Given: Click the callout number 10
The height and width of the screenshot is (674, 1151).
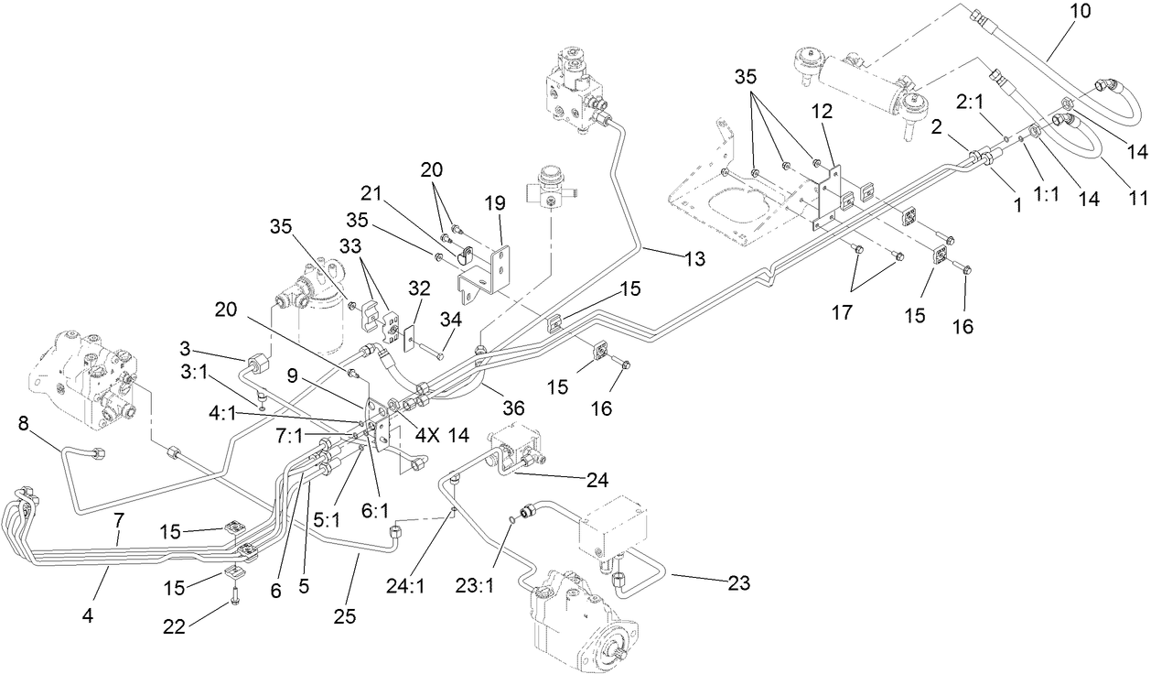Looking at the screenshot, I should [x=1080, y=13].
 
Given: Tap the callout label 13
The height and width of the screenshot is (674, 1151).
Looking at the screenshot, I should [x=693, y=259].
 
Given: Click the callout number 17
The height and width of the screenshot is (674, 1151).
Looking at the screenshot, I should [x=843, y=313].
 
